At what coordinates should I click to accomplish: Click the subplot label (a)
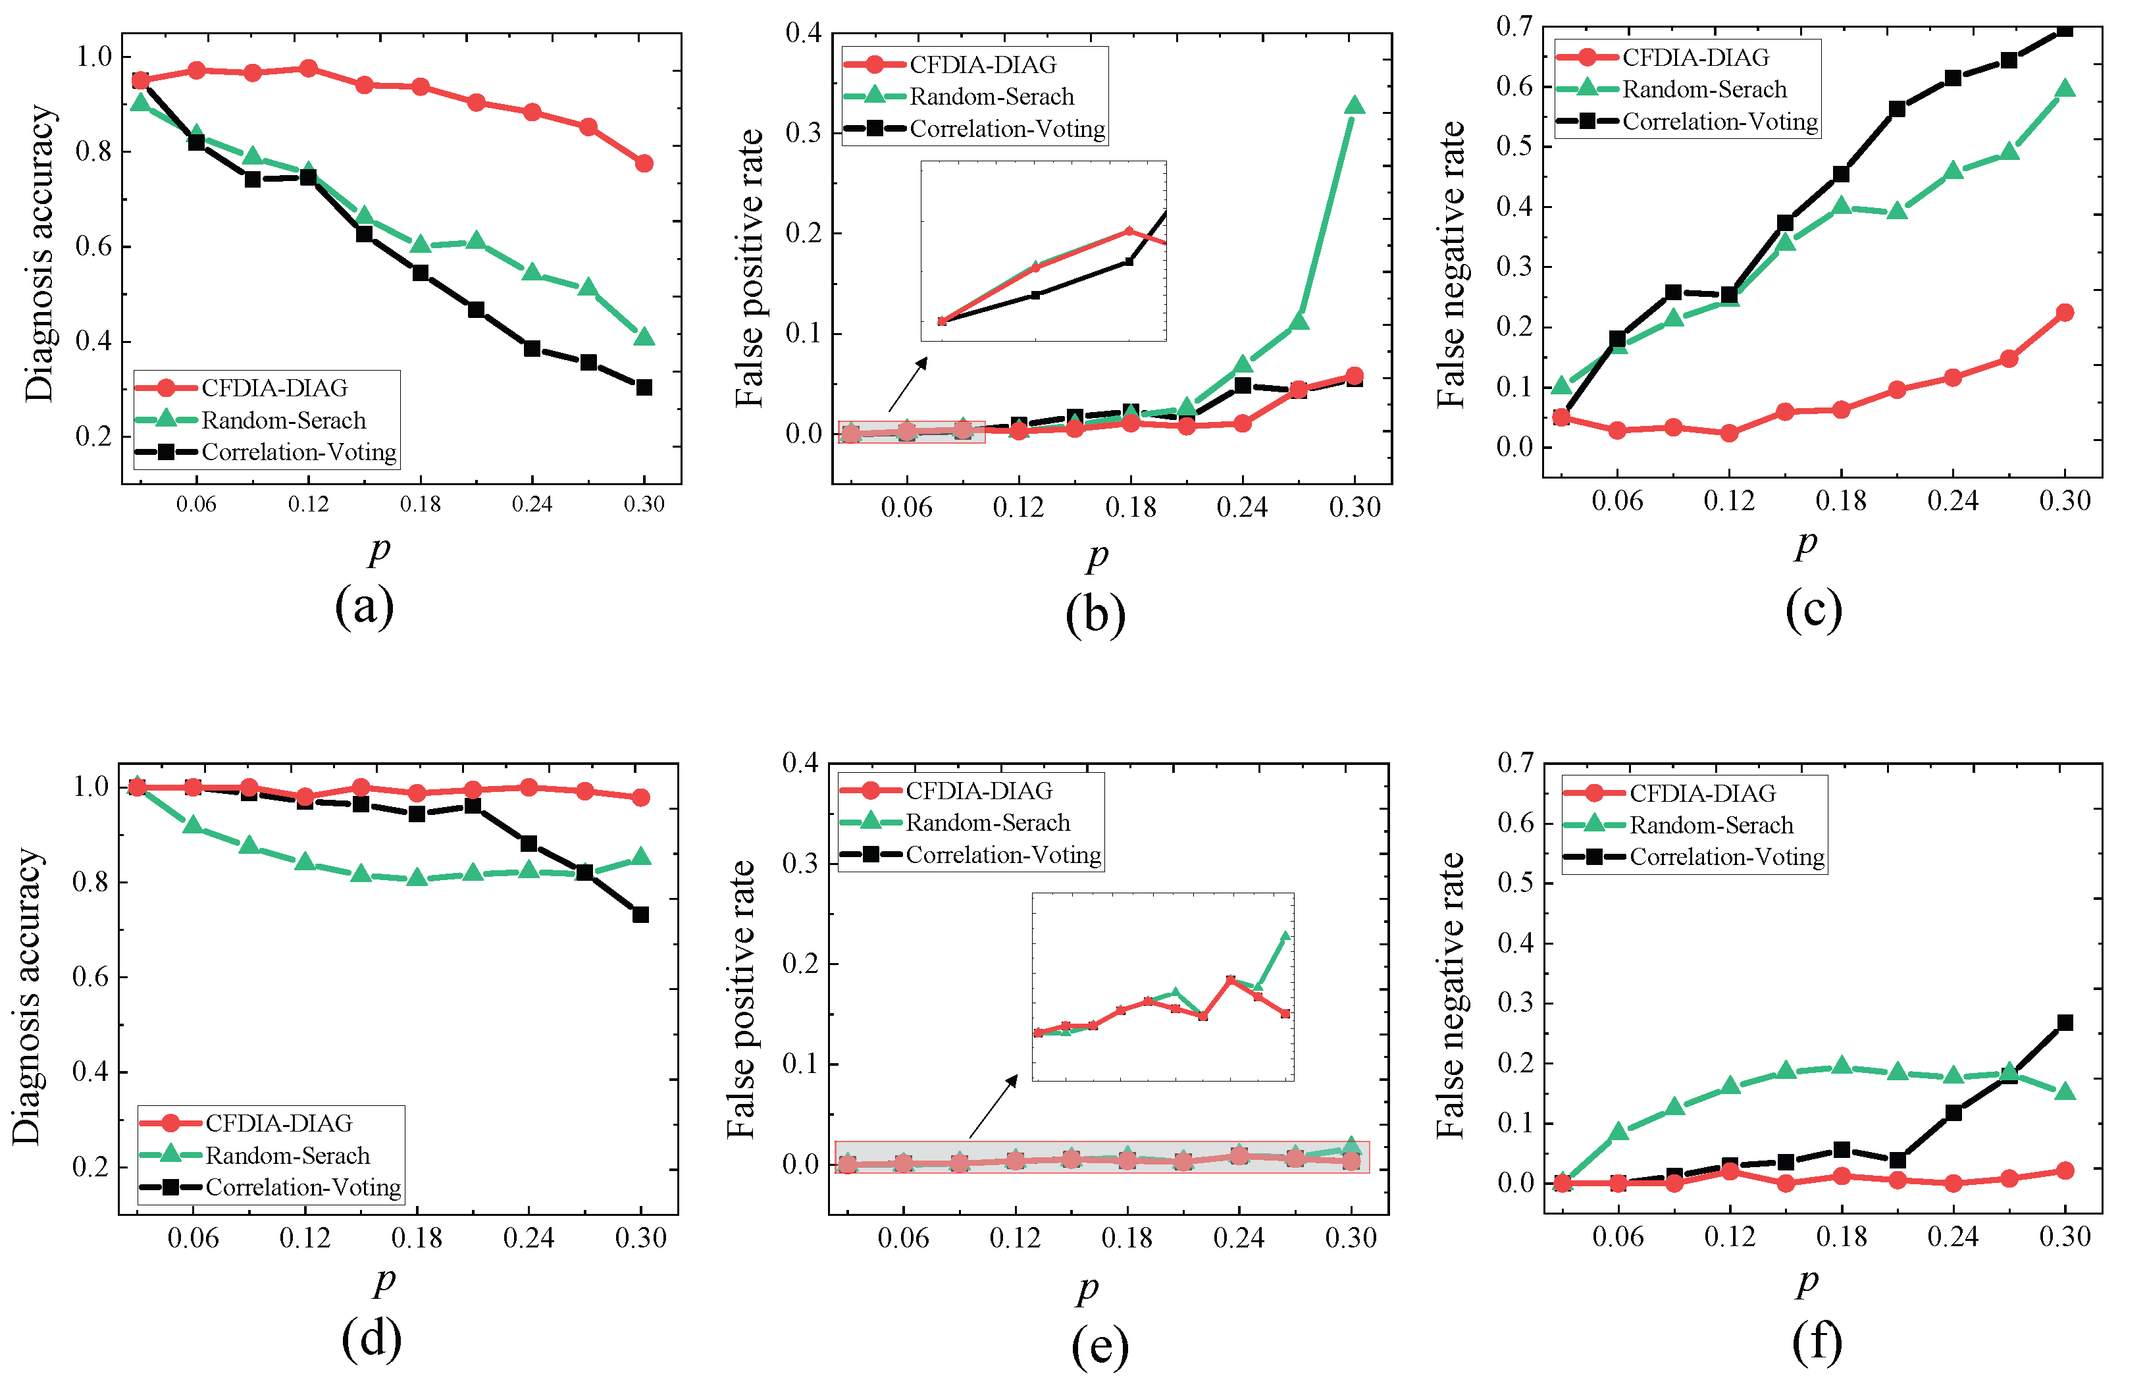coord(364,606)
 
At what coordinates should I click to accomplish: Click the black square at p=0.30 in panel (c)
coord(2065,29)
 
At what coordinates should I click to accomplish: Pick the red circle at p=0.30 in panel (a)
coord(644,163)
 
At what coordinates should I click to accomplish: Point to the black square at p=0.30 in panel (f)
coord(2065,1023)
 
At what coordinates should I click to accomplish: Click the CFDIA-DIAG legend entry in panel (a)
coord(273,388)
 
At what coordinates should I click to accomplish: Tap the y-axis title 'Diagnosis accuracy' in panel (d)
coord(27,996)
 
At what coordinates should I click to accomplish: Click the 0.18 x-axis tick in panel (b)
coord(1130,508)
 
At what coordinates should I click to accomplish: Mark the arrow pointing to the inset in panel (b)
coord(908,384)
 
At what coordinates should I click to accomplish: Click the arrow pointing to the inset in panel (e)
coord(993,1106)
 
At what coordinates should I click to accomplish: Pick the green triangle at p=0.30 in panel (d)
coord(641,856)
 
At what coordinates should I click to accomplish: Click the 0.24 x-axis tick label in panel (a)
coord(532,504)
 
